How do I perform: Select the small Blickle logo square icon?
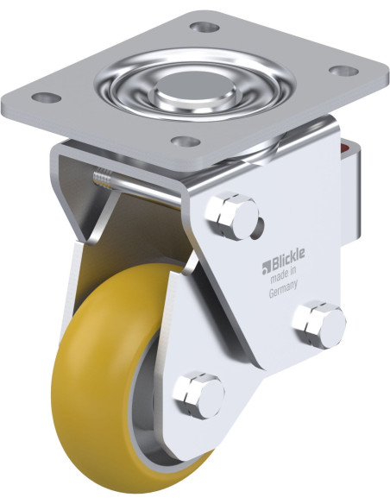pos(267,268)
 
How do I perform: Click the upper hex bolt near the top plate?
pos(231,216)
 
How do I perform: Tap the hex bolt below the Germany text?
pos(318,324)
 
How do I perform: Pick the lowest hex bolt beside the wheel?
pos(198,395)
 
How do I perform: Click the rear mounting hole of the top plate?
pos(204,27)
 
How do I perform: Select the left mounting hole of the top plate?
pos(47,97)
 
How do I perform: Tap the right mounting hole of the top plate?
pos(343,71)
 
